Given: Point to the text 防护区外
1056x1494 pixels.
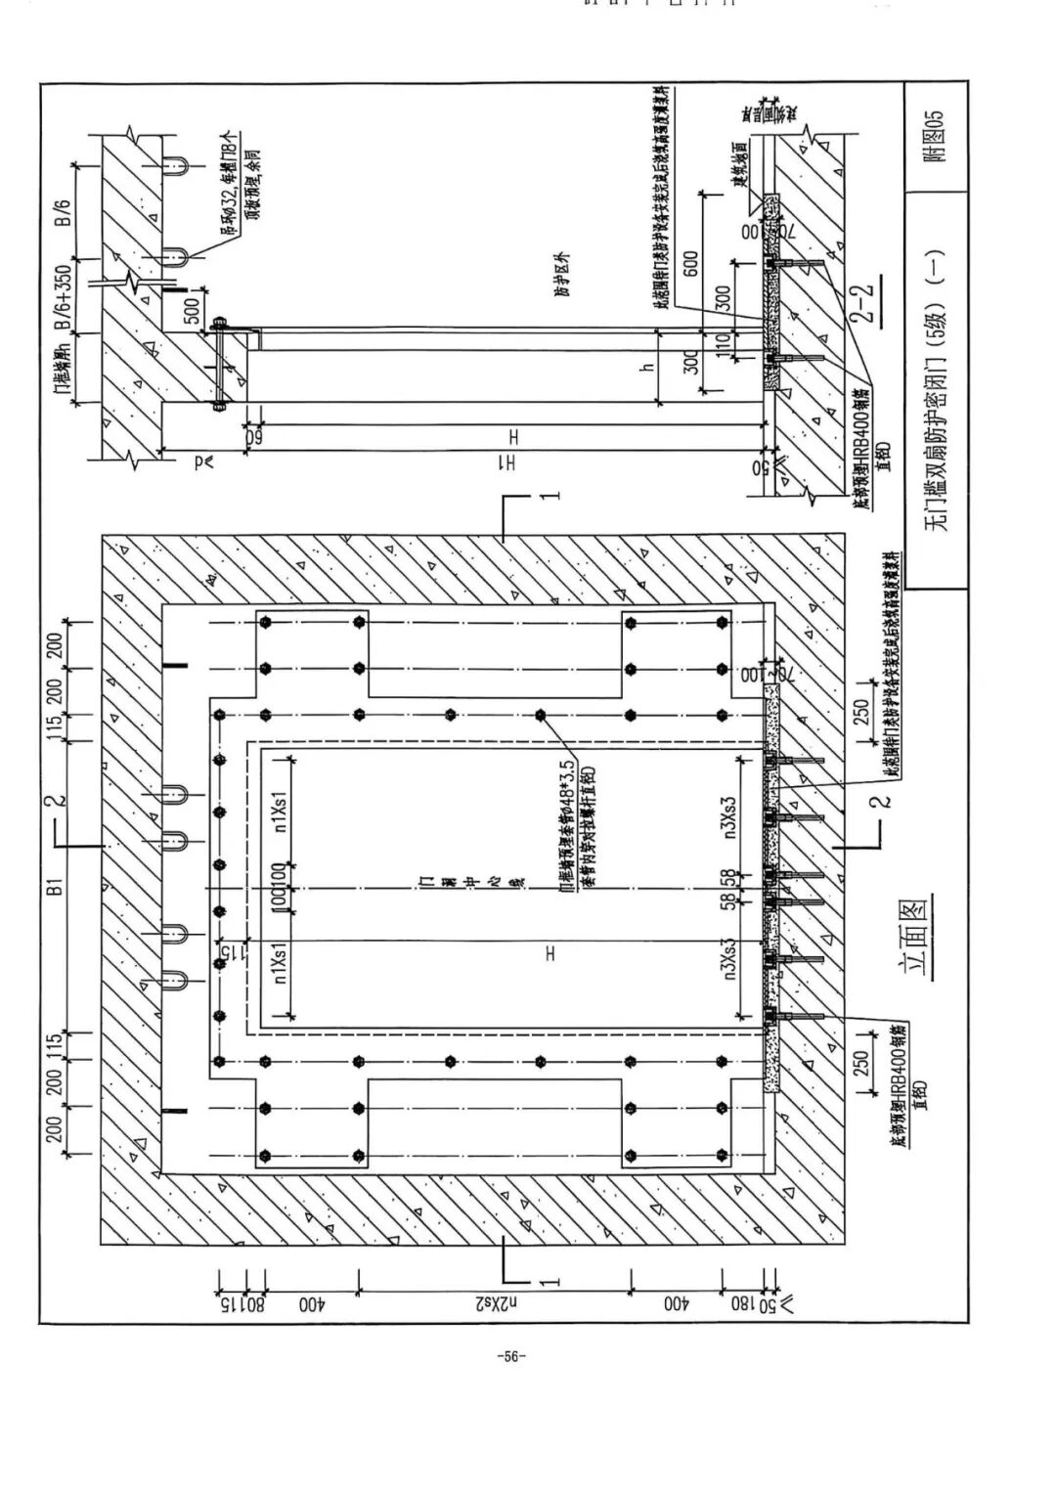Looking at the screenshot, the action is [x=560, y=276].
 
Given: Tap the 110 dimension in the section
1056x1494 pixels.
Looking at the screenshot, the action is [x=724, y=344].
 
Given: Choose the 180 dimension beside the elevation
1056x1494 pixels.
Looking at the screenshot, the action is [x=743, y=1303].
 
